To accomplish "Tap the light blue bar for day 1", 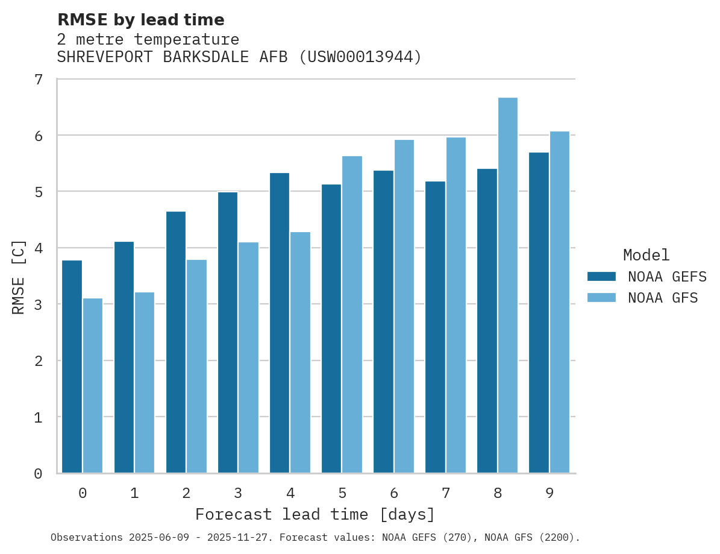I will [x=145, y=383].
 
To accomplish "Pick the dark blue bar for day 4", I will [x=280, y=323].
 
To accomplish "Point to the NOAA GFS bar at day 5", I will [x=352, y=314].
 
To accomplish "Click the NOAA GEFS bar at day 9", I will [x=539, y=313].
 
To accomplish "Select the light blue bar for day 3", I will [x=248, y=357].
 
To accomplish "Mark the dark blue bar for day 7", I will [x=435, y=327].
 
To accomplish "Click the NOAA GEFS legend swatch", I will [x=601, y=277].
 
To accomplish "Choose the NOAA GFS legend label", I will [x=663, y=298].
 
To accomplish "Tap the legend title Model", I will [x=646, y=255].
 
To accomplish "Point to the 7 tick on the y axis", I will [x=39, y=80].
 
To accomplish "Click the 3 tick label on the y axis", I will [x=39, y=304].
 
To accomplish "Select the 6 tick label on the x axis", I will [x=394, y=493].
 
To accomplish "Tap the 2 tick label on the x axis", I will [x=186, y=493].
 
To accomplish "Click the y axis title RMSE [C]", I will [x=19, y=277].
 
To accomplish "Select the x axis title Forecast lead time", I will [x=315, y=515].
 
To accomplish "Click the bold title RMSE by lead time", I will [x=140, y=20].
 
